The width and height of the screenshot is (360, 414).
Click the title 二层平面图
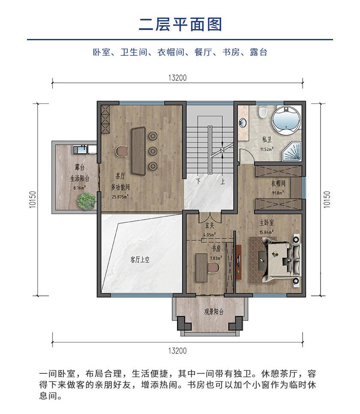click(x=180, y=24)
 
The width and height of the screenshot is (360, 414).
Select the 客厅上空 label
click(x=140, y=259)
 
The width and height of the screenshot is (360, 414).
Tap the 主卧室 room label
click(x=267, y=223)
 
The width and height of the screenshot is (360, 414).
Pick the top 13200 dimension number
click(x=177, y=77)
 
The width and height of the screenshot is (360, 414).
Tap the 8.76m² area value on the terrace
click(x=79, y=188)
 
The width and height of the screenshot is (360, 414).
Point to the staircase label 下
click(x=198, y=181)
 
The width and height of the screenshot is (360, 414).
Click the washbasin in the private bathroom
click(x=243, y=123)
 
